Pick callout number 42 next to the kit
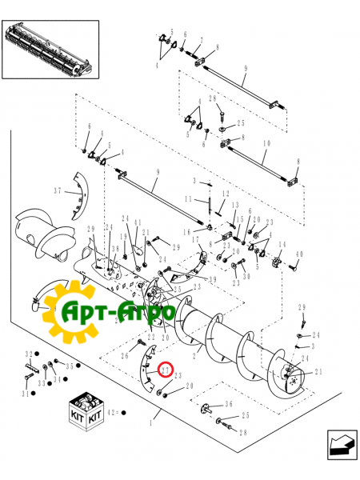click(x=115, y=413)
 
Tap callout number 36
click(x=229, y=404)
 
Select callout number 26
click(x=125, y=356)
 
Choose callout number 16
click(x=186, y=231)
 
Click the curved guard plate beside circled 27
click(x=146, y=364)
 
